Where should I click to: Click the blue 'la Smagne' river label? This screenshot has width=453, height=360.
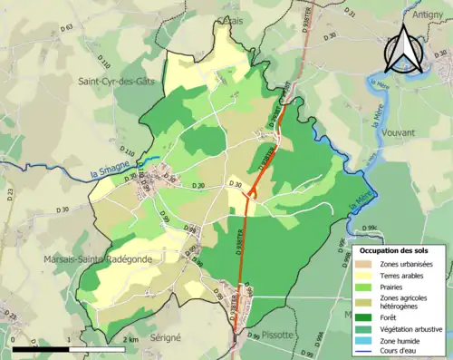tap(119, 161)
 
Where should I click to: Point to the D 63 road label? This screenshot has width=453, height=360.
tap(66, 28)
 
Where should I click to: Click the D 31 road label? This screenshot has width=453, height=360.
tap(352, 15)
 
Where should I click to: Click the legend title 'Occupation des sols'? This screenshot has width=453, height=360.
tap(400, 250)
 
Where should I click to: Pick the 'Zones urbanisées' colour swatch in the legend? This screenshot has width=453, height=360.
tap(365, 264)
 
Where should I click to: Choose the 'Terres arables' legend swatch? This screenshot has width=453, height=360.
tap(365, 276)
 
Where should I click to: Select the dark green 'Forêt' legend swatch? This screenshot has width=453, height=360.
tap(365, 317)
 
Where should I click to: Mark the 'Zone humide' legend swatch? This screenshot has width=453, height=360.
tap(365, 338)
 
